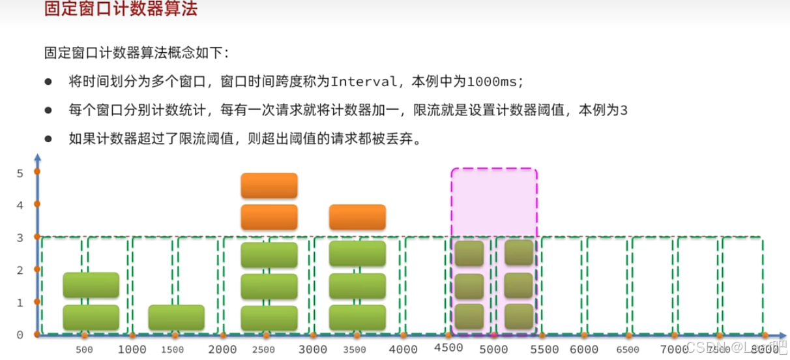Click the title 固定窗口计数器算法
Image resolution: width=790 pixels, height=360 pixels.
[121, 10]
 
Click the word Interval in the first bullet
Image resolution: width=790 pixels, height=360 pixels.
[364, 82]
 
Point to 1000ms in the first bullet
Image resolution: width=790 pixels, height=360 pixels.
[495, 82]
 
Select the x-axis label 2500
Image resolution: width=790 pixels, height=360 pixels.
[263, 350]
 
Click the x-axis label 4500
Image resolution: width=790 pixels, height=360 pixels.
[449, 349]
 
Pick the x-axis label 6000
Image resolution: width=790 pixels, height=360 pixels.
[584, 349]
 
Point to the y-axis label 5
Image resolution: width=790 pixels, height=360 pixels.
[20, 173]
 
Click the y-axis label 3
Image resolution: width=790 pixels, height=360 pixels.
[20, 237]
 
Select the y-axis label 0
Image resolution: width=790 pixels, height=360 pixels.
[20, 335]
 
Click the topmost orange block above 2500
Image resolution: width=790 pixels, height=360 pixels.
[269, 185]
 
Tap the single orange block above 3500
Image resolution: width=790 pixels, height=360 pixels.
[357, 217]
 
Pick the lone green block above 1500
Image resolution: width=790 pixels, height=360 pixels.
[177, 318]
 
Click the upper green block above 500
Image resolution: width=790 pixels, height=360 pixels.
[91, 285]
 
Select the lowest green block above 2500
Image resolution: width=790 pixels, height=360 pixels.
[269, 318]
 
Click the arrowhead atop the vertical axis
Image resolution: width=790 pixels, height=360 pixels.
[38, 158]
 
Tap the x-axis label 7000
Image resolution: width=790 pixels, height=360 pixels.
[675, 349]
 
